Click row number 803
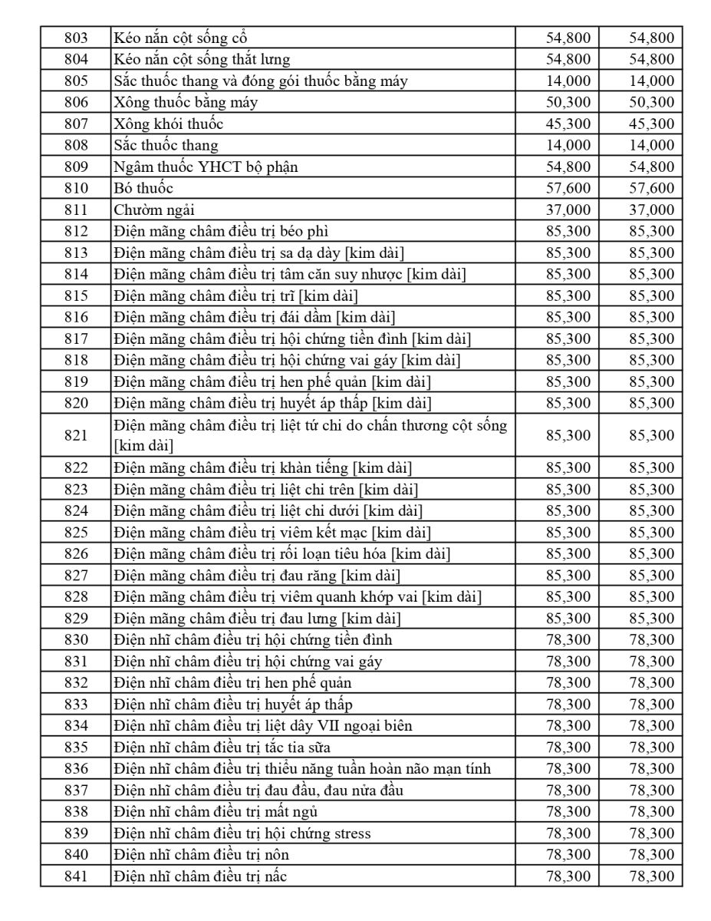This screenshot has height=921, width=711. coord(75,38)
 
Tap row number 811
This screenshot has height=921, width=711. coord(75,210)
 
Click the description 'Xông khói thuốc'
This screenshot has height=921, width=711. coord(169,124)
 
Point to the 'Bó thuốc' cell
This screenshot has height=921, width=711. coord(143,188)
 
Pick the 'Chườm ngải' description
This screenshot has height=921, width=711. coord(150,210)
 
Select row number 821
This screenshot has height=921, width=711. coord(75,435)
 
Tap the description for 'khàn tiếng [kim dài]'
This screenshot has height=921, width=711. coord(267,467)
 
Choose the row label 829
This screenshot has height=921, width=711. coord(75,618)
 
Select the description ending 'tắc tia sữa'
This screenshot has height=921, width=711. coord(222,747)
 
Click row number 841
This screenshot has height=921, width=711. coord(75,876)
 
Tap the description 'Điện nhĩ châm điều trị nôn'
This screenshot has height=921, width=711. coord(201,854)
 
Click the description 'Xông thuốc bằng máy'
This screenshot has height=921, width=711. coord(186,102)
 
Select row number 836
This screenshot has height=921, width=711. coord(75,768)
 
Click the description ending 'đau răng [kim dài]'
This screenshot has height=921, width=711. coord(257,575)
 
